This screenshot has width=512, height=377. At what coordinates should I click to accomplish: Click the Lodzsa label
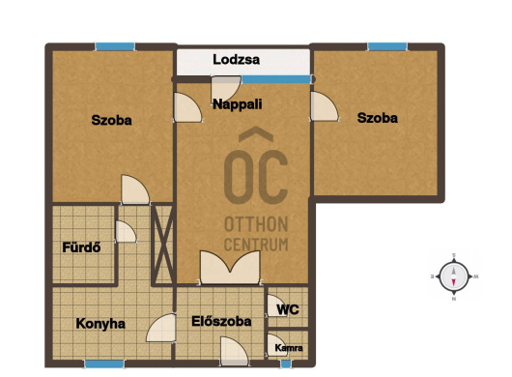[x=236, y=60]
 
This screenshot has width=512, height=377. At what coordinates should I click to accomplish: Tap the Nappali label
[x=238, y=104]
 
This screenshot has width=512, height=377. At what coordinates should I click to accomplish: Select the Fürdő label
[x=81, y=247]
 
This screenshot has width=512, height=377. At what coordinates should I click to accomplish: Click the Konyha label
[x=100, y=324]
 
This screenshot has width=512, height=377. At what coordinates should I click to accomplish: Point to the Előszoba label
[x=221, y=321]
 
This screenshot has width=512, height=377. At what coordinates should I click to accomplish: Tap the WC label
[x=288, y=309]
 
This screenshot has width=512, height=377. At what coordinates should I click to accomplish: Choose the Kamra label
[x=289, y=348]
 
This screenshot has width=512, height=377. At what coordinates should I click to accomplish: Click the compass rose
[x=454, y=276]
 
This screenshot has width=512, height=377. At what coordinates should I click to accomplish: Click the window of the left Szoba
[x=115, y=46]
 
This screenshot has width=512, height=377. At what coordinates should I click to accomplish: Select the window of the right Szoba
[x=387, y=46]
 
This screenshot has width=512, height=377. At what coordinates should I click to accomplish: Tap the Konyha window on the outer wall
[x=104, y=363]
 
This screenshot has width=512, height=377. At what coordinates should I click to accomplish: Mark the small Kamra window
[x=286, y=363]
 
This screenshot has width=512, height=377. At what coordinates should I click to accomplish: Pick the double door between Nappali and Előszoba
[x=231, y=268]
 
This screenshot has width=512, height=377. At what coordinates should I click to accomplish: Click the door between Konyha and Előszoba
[x=161, y=328]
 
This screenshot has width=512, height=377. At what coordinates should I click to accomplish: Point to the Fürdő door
[x=126, y=232]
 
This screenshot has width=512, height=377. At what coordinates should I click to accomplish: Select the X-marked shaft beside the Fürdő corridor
[x=162, y=244]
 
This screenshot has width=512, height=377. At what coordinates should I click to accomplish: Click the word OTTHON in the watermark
[x=256, y=224]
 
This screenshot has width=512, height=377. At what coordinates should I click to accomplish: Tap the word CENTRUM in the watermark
[x=256, y=245]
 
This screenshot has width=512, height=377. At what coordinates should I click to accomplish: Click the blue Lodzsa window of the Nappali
[x=276, y=79]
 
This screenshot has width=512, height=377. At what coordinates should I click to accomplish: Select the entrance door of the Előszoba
[x=235, y=351]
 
